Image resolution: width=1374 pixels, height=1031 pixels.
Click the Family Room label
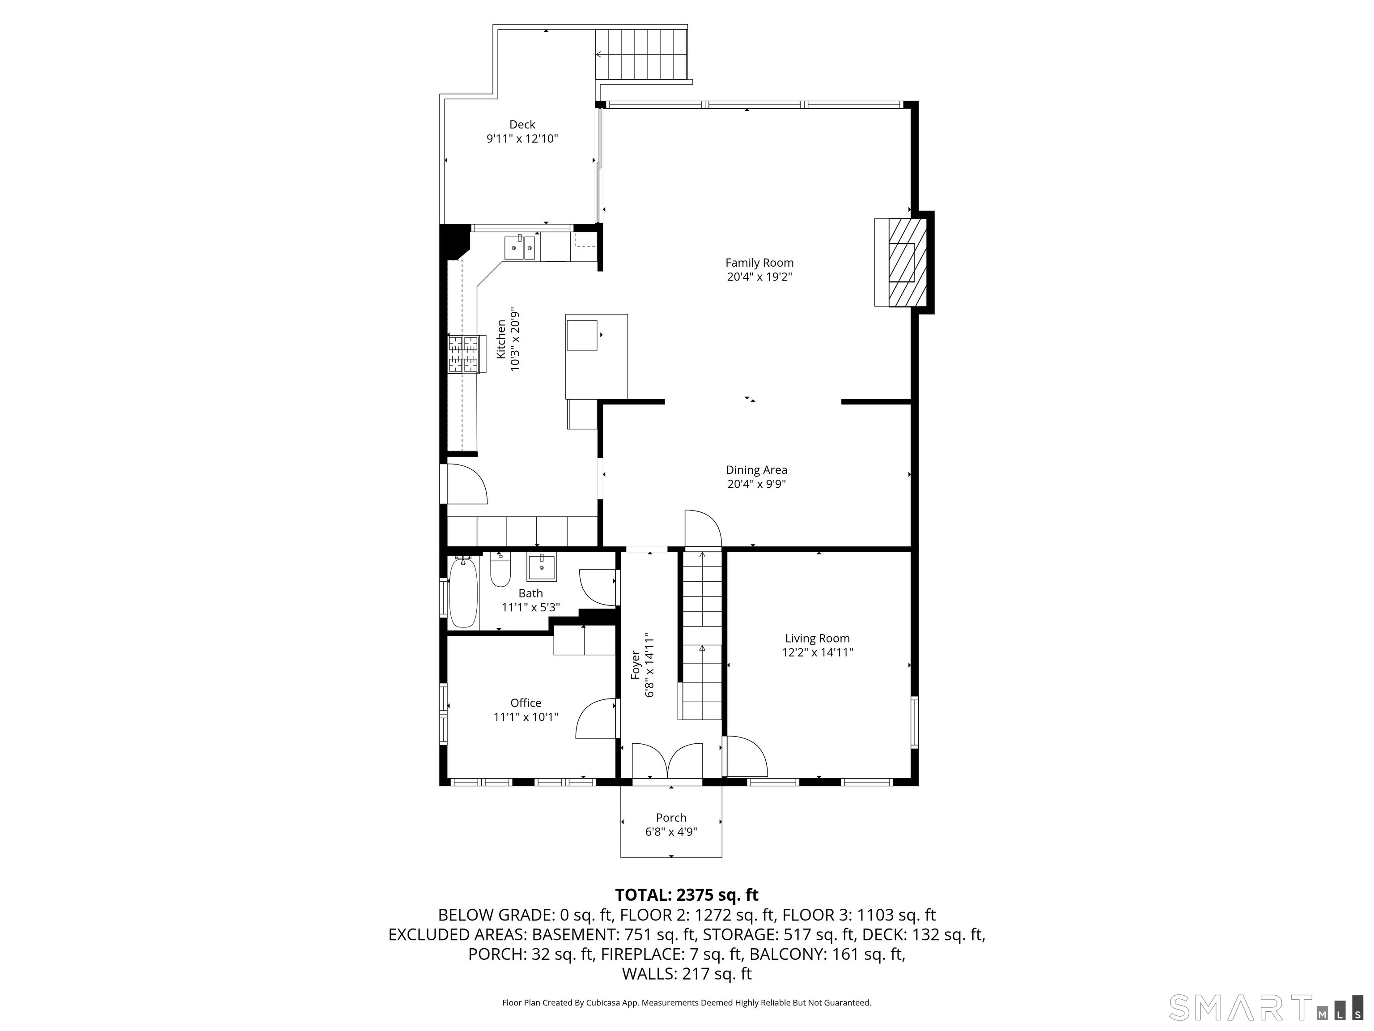point(759,263)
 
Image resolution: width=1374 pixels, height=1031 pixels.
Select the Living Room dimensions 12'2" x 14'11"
point(818,652)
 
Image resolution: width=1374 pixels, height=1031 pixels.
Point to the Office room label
point(526,703)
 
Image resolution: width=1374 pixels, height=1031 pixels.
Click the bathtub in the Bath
point(463,592)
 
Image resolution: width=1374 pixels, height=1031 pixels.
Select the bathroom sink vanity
point(542,566)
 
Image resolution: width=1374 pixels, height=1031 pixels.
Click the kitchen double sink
point(521,247)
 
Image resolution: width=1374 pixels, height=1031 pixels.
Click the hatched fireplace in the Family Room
point(908,262)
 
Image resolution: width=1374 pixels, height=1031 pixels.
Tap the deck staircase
point(642,55)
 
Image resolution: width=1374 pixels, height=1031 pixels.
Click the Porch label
point(671,818)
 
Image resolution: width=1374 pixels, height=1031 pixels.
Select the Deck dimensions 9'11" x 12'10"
point(522,139)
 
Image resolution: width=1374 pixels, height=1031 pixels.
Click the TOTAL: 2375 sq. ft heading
point(687,895)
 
